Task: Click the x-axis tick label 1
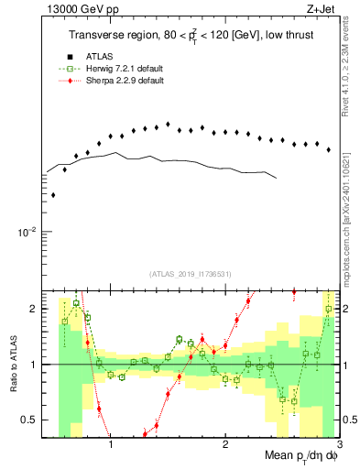pyautogui.click(x=111, y=445)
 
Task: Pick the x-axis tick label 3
pyautogui.click(x=340, y=445)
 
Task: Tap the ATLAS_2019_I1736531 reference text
pyautogui.click(x=191, y=274)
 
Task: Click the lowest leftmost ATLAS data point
pyautogui.click(x=53, y=195)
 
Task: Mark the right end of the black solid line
pyautogui.click(x=276, y=177)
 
